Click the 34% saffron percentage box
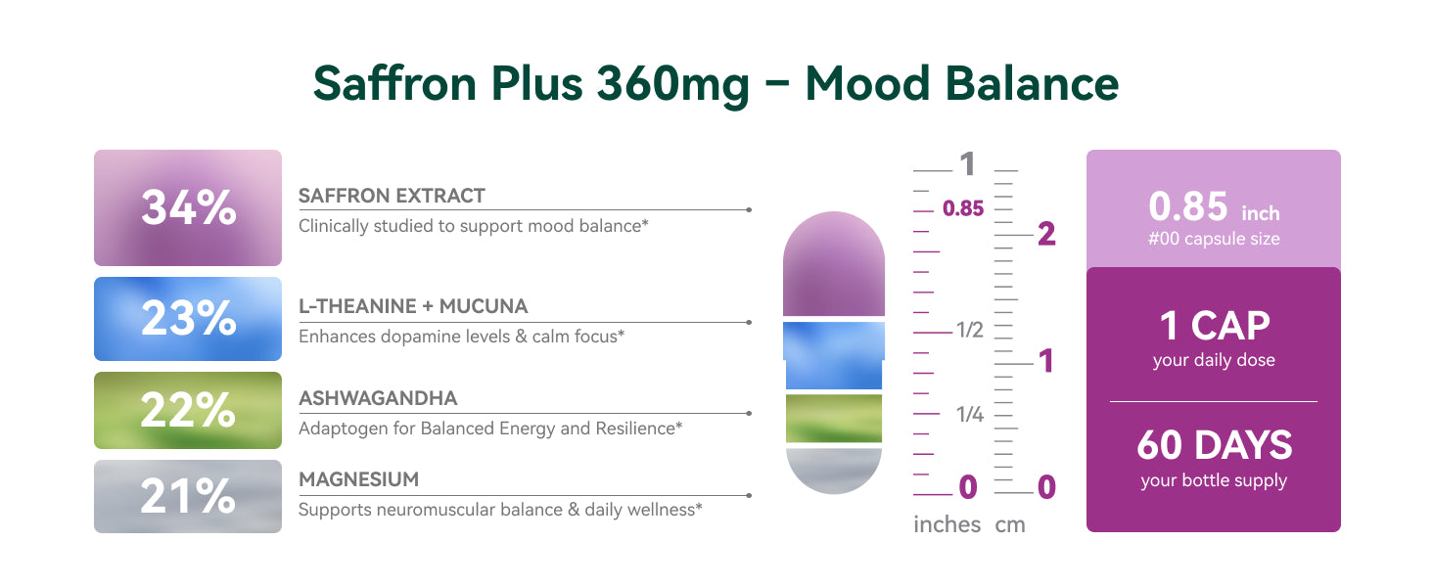click(x=187, y=207)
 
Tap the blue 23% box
click(x=187, y=318)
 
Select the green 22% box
click(x=187, y=410)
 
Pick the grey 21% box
click(x=187, y=496)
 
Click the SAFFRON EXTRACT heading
click(x=392, y=196)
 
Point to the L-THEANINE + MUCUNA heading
click(x=413, y=306)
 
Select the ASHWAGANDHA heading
click(x=378, y=398)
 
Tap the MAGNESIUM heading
click(x=359, y=479)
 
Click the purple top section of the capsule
click(x=834, y=264)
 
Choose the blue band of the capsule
click(x=834, y=355)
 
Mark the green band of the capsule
click(x=834, y=418)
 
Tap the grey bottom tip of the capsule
click(x=834, y=471)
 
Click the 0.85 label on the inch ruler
click(x=963, y=208)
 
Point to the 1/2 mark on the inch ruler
click(x=969, y=330)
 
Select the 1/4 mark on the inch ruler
click(x=970, y=415)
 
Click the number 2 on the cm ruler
click(x=1046, y=234)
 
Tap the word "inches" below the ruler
click(x=947, y=524)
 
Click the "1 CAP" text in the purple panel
click(x=1214, y=326)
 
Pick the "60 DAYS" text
click(x=1214, y=445)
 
